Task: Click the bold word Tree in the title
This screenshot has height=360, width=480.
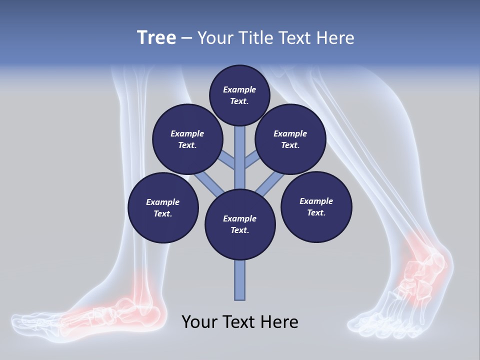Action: pyautogui.click(x=156, y=38)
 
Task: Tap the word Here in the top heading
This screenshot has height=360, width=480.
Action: pyautogui.click(x=336, y=38)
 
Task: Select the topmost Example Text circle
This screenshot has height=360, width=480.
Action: pyautogui.click(x=239, y=95)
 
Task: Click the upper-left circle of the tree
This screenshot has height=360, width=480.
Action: pyautogui.click(x=187, y=139)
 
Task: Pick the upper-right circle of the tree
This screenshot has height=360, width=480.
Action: pyautogui.click(x=290, y=139)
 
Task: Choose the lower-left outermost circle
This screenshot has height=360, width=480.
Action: pyautogui.click(x=162, y=207)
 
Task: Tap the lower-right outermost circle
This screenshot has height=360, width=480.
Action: pyautogui.click(x=316, y=206)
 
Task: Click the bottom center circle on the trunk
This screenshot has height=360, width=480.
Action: pyautogui.click(x=240, y=224)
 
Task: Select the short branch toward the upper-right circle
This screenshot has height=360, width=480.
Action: pyautogui.click(x=252, y=160)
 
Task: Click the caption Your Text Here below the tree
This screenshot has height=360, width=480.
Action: pyautogui.click(x=240, y=322)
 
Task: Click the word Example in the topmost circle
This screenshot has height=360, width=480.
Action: pyautogui.click(x=239, y=89)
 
